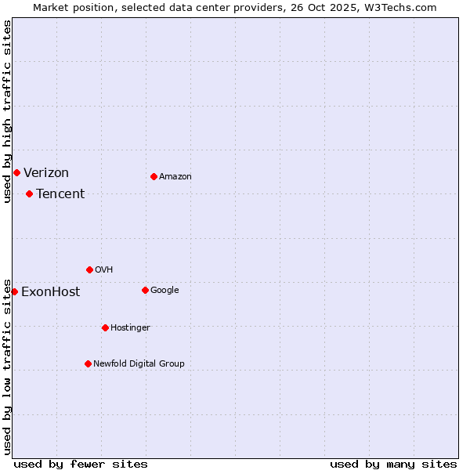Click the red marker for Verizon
point(16,172)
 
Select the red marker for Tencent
point(29,193)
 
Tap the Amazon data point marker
point(154,176)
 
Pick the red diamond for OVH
point(89,269)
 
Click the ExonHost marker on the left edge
point(14,291)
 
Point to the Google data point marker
point(145,290)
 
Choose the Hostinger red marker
point(105,327)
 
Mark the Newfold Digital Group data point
point(88,363)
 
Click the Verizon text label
point(46,172)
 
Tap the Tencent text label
point(60,193)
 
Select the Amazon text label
point(175,176)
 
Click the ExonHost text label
point(50,292)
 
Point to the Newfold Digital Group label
point(139,363)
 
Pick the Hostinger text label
point(130,327)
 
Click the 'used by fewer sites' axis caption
point(81,464)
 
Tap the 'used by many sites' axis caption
point(393,464)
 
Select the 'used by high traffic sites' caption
point(7,112)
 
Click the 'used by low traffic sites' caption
point(7,366)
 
